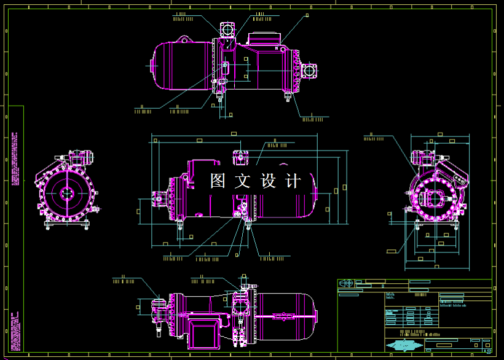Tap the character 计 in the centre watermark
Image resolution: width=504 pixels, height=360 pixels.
[x=294, y=181]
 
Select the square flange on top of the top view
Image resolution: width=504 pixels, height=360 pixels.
[x=226, y=29]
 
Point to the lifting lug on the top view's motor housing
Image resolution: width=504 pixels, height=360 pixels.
[x=183, y=40]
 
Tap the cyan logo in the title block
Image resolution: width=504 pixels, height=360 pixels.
[x=407, y=346]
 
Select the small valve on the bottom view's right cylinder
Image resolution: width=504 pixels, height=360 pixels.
[x=284, y=316]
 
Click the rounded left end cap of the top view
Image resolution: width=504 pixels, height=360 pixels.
[x=155, y=65]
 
